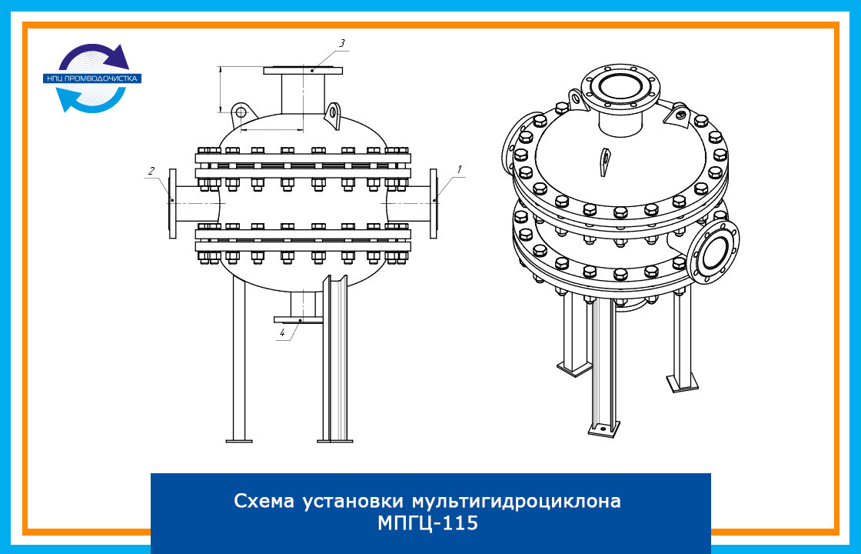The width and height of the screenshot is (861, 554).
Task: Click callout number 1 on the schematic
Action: tap(459, 170)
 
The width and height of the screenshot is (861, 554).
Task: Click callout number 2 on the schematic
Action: tap(151, 171)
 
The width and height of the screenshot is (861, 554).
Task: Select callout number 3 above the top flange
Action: tap(341, 43)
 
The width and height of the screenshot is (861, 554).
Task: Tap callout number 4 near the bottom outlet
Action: tap(282, 332)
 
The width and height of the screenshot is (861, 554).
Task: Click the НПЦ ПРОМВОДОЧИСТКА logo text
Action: tap(92, 78)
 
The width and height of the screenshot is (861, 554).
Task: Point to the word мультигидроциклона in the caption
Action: tap(516, 502)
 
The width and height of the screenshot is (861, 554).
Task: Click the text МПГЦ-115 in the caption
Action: tap(427, 522)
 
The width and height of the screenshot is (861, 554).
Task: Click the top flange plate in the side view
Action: tap(303, 70)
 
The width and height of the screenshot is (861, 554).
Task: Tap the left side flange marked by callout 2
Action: tap(172, 203)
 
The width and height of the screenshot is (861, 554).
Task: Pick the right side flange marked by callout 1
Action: tap(434, 203)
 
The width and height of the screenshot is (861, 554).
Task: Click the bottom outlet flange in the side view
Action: tap(298, 319)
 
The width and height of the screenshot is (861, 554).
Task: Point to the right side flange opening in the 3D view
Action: tap(714, 252)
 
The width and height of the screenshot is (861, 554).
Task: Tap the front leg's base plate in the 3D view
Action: tap(604, 428)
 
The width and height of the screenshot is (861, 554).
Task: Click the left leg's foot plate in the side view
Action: tap(239, 440)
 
